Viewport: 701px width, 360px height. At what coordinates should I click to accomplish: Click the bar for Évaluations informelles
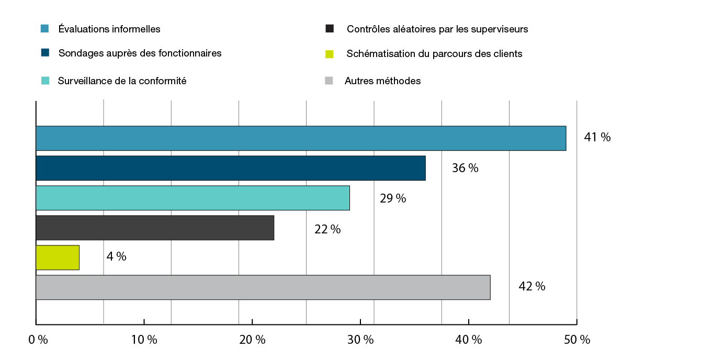click(301, 138)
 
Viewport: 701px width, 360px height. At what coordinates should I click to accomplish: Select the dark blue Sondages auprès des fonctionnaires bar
click(230, 168)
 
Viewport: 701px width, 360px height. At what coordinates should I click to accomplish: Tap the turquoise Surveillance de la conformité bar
click(193, 198)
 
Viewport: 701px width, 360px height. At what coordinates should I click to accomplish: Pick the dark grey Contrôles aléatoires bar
click(155, 228)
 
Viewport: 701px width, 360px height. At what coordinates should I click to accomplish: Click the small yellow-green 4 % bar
click(58, 257)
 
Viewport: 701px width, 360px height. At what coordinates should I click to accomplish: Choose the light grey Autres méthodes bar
click(263, 287)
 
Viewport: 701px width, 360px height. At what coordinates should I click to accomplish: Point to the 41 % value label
click(597, 138)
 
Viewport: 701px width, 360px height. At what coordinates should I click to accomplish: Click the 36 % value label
click(465, 168)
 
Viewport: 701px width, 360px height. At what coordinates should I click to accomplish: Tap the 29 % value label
click(393, 199)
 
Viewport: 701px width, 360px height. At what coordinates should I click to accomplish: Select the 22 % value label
click(327, 229)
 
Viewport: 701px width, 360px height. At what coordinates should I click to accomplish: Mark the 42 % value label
click(532, 287)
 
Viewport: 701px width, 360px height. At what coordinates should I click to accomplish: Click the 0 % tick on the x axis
click(38, 340)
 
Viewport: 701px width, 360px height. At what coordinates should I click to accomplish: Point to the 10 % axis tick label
click(144, 340)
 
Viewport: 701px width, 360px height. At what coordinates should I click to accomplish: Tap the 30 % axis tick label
click(360, 340)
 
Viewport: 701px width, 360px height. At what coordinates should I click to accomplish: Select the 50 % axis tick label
click(577, 340)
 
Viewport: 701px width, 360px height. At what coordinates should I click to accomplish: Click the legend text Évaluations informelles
click(109, 29)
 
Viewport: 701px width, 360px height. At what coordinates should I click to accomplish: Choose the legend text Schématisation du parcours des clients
click(434, 54)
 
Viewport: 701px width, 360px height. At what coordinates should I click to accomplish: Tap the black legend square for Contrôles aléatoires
click(330, 29)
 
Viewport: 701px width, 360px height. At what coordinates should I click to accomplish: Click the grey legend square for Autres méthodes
click(329, 81)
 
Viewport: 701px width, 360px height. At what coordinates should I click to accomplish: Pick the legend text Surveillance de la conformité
click(122, 81)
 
